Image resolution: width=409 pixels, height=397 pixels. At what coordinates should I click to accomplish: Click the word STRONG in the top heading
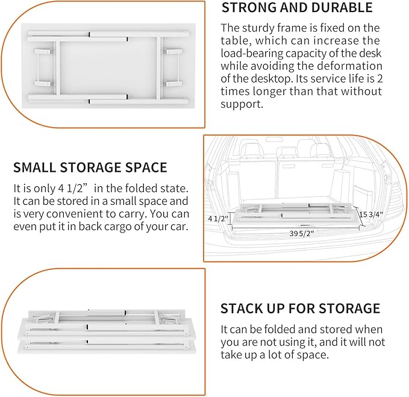pos(249,8)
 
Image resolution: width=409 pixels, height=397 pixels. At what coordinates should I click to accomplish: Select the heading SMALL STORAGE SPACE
pos(90,167)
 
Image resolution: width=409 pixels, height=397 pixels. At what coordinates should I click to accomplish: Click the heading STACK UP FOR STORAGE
pos(300,309)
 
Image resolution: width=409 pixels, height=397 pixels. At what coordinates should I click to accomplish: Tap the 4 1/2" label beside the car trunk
pos(217,217)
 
